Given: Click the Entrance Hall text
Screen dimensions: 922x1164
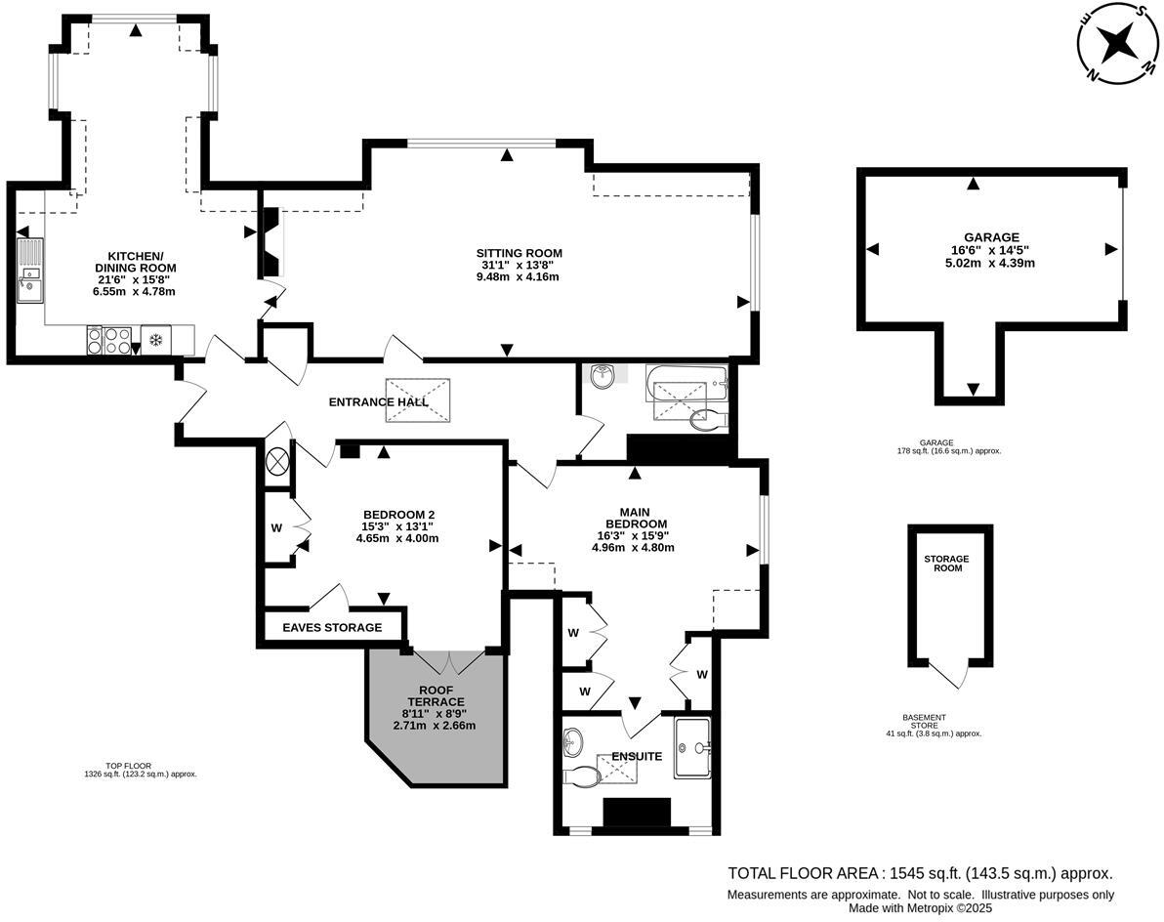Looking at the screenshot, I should pos(378,402).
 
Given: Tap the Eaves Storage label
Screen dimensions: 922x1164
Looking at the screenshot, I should pos(332,627).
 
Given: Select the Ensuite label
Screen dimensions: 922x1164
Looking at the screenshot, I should pos(637,756).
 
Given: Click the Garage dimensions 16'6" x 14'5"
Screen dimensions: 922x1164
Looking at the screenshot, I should pos(991,250).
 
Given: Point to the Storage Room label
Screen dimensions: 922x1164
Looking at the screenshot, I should pos(946,564).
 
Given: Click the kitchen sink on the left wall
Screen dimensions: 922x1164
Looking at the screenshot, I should pos(28,271).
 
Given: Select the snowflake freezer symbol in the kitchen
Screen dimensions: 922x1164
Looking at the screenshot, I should pos(155,340).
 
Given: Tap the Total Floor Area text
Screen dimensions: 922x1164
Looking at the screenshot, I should pos(920,874).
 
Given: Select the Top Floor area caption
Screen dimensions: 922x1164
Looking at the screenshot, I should pos(141,770).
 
